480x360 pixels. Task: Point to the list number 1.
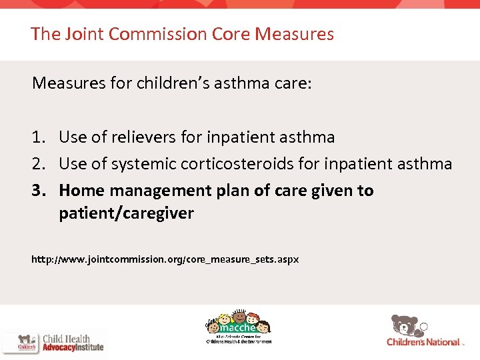[x=37, y=137]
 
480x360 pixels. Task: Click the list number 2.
[x=38, y=164]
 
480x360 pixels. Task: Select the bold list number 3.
[x=38, y=191]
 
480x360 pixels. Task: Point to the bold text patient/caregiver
[x=126, y=213]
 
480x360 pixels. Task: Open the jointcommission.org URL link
[x=165, y=259]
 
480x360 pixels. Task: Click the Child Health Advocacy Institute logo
[x=53, y=342]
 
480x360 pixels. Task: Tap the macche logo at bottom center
[x=238, y=327]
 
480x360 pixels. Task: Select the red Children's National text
[x=424, y=342]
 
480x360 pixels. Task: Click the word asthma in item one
[x=304, y=137]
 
